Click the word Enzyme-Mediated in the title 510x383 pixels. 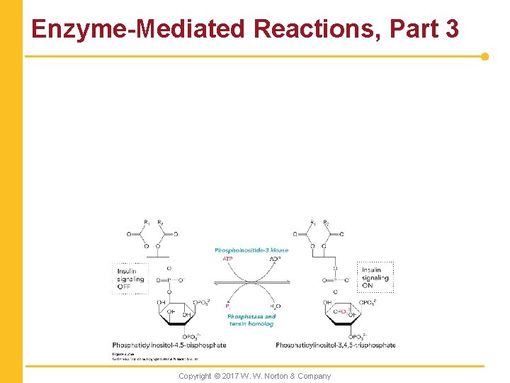pos(139,29)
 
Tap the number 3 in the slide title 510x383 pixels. pos(450,29)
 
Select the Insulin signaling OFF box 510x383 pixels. pos(130,279)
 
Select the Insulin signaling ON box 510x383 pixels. pos(375,277)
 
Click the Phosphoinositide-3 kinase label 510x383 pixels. pos(251,250)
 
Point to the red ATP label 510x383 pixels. pos(227,259)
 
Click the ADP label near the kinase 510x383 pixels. pos(276,259)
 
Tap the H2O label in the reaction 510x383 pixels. pos(276,306)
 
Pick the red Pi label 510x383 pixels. pos(228,306)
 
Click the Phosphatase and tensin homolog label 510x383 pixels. pos(252,320)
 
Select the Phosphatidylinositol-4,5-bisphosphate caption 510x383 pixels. pos(169,345)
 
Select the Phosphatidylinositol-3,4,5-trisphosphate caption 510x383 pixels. pos(336,345)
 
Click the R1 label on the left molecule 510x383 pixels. pos(147,222)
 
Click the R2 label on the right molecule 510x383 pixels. pos(326,222)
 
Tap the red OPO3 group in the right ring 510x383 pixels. pos(342,311)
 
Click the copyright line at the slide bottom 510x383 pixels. pos(254,376)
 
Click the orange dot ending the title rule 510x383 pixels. pos(485,56)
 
